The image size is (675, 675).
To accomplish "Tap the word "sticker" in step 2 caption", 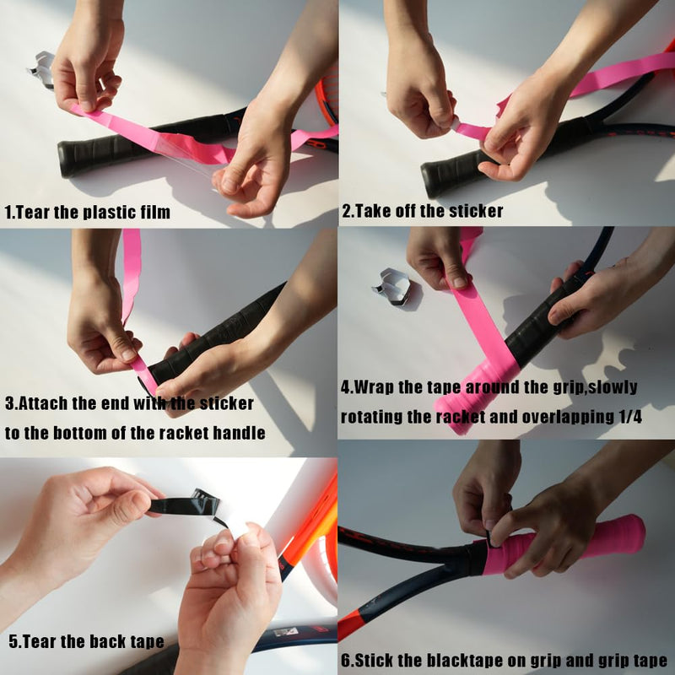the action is point(476,212).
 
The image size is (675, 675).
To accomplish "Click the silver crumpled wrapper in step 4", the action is point(392,287).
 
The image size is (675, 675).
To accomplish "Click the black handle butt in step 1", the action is point(69,159).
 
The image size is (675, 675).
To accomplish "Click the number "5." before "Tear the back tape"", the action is point(15,642).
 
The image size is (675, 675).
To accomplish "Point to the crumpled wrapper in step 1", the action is point(41,69).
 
